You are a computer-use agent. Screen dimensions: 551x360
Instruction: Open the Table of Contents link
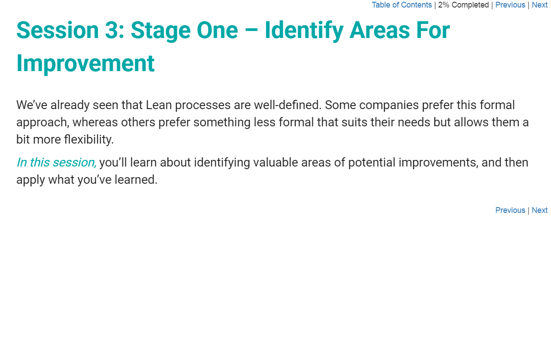(x=402, y=5)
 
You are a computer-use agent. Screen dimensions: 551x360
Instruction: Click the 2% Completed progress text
(x=464, y=5)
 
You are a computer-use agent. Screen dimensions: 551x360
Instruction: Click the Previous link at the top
(x=510, y=5)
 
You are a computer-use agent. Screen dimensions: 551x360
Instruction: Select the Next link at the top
(x=540, y=5)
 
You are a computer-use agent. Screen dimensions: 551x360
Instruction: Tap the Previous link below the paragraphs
(x=510, y=210)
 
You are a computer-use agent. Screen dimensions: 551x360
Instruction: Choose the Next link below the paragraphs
(x=540, y=210)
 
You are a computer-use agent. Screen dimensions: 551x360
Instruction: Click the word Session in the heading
(x=57, y=30)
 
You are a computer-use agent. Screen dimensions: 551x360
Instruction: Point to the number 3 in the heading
(x=112, y=30)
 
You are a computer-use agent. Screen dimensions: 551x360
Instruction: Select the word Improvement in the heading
(x=85, y=64)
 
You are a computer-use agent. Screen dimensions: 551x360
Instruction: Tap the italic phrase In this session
(x=56, y=163)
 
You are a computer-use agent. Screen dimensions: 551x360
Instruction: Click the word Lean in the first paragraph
(x=159, y=105)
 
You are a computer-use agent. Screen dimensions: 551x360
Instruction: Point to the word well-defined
(x=288, y=105)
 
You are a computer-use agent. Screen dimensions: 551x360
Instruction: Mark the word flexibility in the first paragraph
(x=89, y=140)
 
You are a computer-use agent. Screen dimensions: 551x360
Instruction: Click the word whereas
(x=95, y=122)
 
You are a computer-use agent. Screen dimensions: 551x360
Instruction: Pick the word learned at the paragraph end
(x=136, y=180)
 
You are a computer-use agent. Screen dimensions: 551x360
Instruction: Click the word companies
(x=389, y=105)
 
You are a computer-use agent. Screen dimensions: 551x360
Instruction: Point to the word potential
(x=372, y=163)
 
